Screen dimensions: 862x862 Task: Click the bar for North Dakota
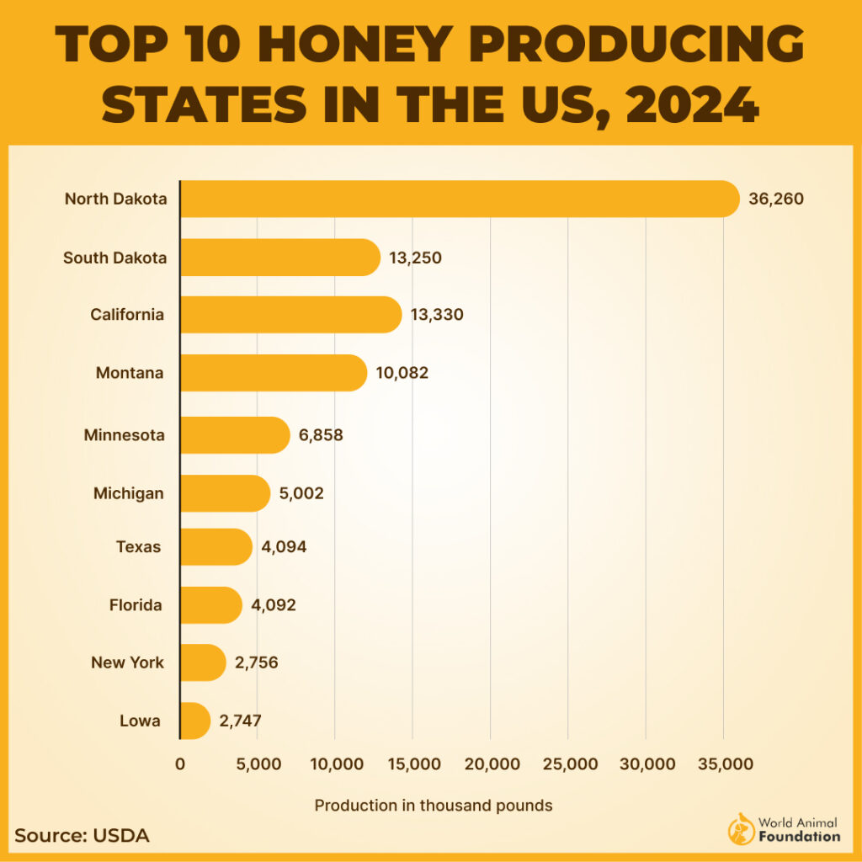click(460, 200)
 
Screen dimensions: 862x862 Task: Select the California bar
click(290, 315)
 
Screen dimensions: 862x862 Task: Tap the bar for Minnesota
click(235, 435)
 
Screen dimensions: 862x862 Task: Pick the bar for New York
click(203, 662)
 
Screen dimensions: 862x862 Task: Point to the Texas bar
click(216, 547)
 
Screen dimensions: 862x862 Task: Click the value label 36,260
click(776, 200)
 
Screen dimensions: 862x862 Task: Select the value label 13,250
click(415, 258)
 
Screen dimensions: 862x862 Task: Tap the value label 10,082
click(402, 373)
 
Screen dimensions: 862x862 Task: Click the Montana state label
click(130, 373)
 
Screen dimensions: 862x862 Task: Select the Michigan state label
click(128, 493)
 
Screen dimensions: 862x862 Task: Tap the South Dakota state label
click(115, 258)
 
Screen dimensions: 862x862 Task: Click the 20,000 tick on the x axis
click(492, 764)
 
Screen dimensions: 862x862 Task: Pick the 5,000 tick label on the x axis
click(258, 764)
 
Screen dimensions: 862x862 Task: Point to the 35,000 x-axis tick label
click(724, 764)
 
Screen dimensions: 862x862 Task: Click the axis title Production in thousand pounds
click(434, 806)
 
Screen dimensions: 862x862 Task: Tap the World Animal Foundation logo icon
click(739, 829)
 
